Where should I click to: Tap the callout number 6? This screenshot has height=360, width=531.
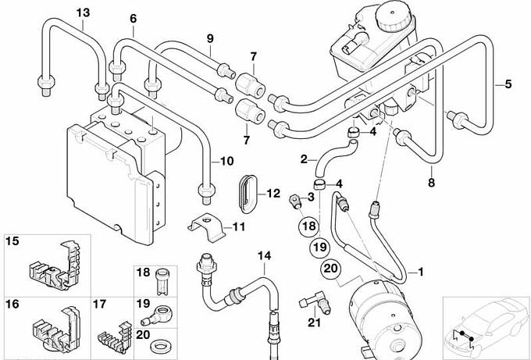[133, 18]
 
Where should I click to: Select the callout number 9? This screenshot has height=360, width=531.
[210, 38]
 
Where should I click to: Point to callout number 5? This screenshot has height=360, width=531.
[508, 83]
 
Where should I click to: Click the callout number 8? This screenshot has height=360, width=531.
[430, 184]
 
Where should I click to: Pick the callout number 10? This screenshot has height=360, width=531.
[226, 162]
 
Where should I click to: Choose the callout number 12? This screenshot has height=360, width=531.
[273, 193]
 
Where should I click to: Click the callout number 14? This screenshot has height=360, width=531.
[265, 255]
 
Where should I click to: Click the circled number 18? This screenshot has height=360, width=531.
[308, 226]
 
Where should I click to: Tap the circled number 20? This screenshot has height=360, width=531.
[330, 269]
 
